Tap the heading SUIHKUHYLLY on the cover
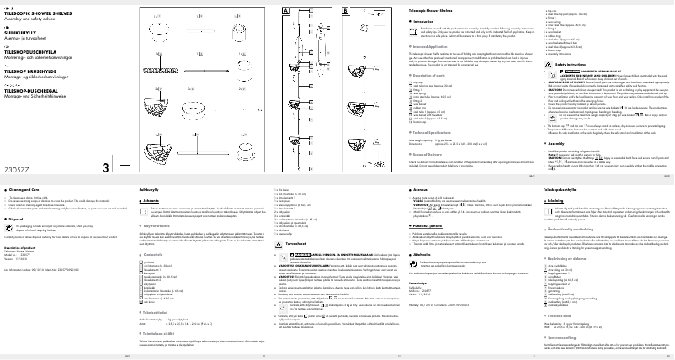point(23,34)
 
